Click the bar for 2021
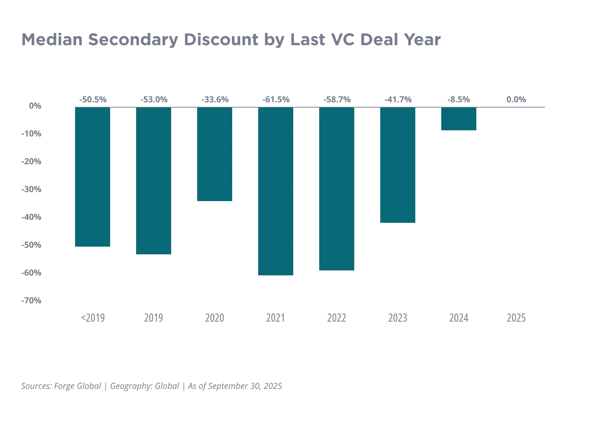point(276,192)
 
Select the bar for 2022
point(337,189)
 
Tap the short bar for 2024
point(458,119)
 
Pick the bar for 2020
point(215,154)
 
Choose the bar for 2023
point(397,165)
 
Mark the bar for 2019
point(153,181)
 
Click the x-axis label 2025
point(516,317)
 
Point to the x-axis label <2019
point(92,317)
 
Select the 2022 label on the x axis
point(337,317)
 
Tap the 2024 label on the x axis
point(458,317)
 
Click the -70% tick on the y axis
point(31,301)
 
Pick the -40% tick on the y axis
point(31,218)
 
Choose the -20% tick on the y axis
point(31,162)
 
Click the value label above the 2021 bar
point(276,100)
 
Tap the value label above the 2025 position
point(516,100)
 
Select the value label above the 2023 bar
point(397,100)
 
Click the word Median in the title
point(53,40)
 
